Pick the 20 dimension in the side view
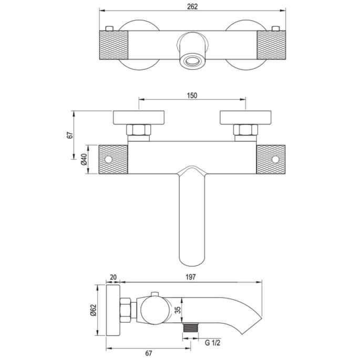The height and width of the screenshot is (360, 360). pos(114,277)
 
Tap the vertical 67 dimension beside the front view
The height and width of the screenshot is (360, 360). pos(69,135)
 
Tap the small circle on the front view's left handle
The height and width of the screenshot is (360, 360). pos(109,159)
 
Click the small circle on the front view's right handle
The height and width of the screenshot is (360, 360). pos(275,159)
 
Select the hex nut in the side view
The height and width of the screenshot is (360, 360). pos(126,310)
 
